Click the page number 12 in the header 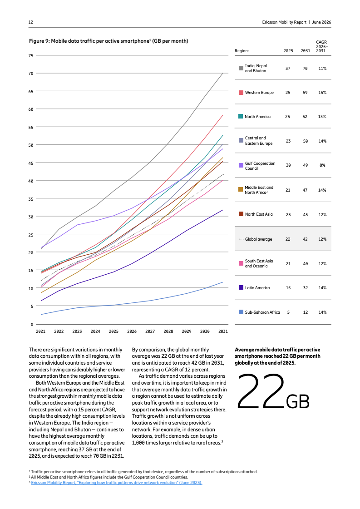(x=31, y=22)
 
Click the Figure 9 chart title (x=108, y=41)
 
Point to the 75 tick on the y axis (x=31, y=55)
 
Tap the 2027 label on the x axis (x=150, y=331)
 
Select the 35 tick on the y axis (x=31, y=199)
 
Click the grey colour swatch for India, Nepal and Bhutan (x=241, y=68)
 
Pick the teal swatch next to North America (x=241, y=116)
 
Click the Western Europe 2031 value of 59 (x=305, y=93)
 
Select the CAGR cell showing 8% (x=322, y=165)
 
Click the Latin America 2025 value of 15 (x=288, y=287)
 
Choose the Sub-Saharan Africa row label (x=262, y=312)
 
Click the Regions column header (x=242, y=51)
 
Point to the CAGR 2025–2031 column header (x=321, y=46)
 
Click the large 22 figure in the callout (x=261, y=391)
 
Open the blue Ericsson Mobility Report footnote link (x=117, y=483)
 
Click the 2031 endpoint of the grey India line (x=223, y=73)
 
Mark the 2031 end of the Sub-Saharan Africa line (x=223, y=282)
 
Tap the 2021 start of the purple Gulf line (x=41, y=247)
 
